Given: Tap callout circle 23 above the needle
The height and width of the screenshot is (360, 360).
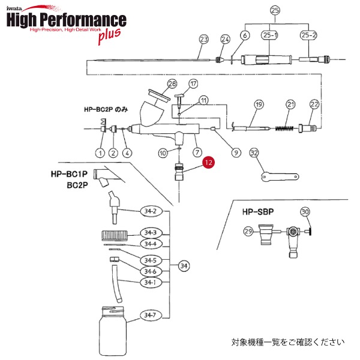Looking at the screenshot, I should click(203, 40).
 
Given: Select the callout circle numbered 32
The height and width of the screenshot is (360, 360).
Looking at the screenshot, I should click(254, 153).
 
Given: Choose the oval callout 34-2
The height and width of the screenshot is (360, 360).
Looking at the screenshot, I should click(150, 211).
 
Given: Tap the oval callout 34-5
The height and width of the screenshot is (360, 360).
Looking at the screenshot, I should click(150, 260).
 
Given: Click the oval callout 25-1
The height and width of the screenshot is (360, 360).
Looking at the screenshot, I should click(270, 36).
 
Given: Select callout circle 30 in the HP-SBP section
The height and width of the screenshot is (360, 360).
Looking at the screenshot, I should click(305, 211).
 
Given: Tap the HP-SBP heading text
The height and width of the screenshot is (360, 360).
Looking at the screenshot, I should click(258, 212).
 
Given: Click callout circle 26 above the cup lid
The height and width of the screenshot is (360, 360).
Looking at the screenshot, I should click(173, 84).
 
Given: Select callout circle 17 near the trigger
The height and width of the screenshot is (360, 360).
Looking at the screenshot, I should click(193, 83).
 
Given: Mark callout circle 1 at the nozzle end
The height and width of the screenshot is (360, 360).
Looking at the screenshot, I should click(100, 152).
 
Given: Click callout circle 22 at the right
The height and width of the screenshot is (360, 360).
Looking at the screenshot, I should click(314, 104).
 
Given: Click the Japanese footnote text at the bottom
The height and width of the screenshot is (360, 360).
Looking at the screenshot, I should click(289, 343).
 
